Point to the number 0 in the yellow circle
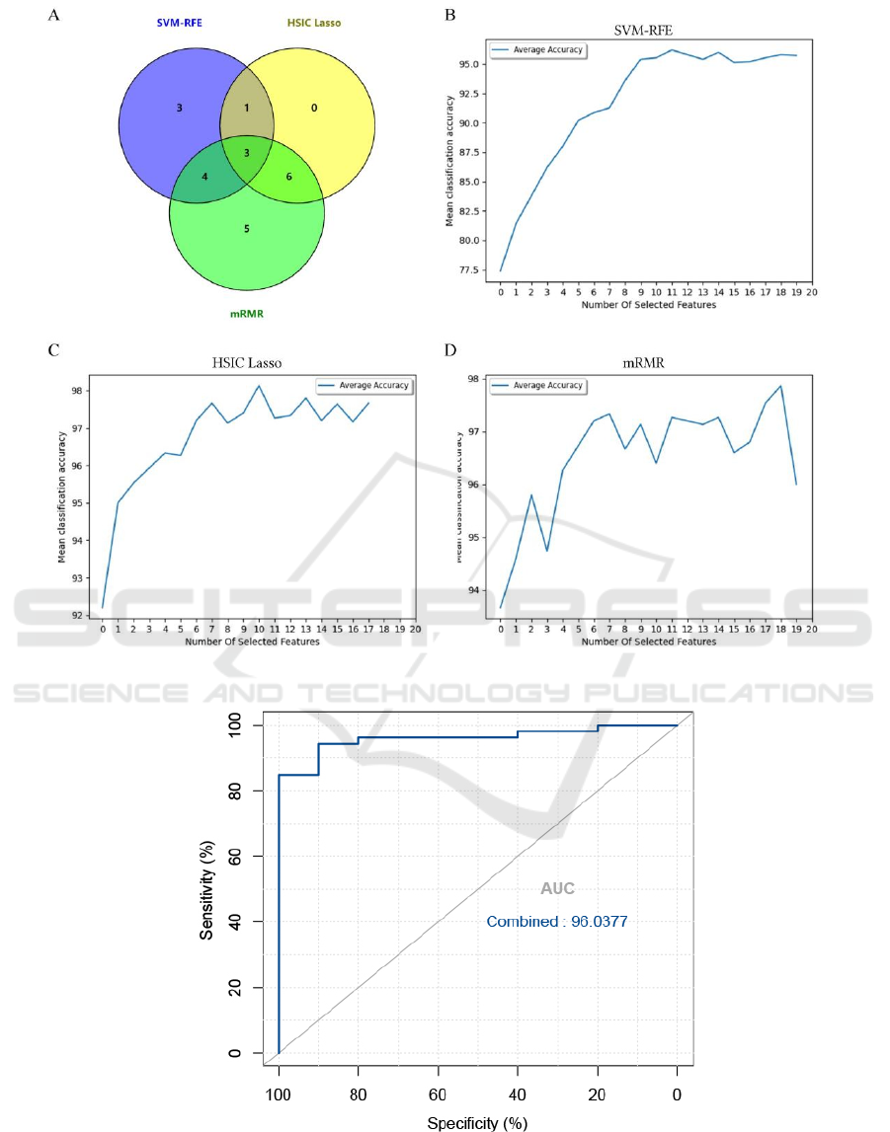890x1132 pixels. pos(314,108)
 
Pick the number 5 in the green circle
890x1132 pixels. pos(246,229)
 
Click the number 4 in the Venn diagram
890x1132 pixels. pos(204,177)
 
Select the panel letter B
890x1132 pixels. pos(450,15)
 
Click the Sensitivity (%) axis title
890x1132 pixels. pos(207,889)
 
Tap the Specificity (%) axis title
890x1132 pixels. pos(477,1123)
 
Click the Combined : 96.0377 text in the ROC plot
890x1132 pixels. pos(557,922)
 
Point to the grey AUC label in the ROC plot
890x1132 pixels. pos(557,889)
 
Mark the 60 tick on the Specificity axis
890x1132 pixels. pos(438,1094)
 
